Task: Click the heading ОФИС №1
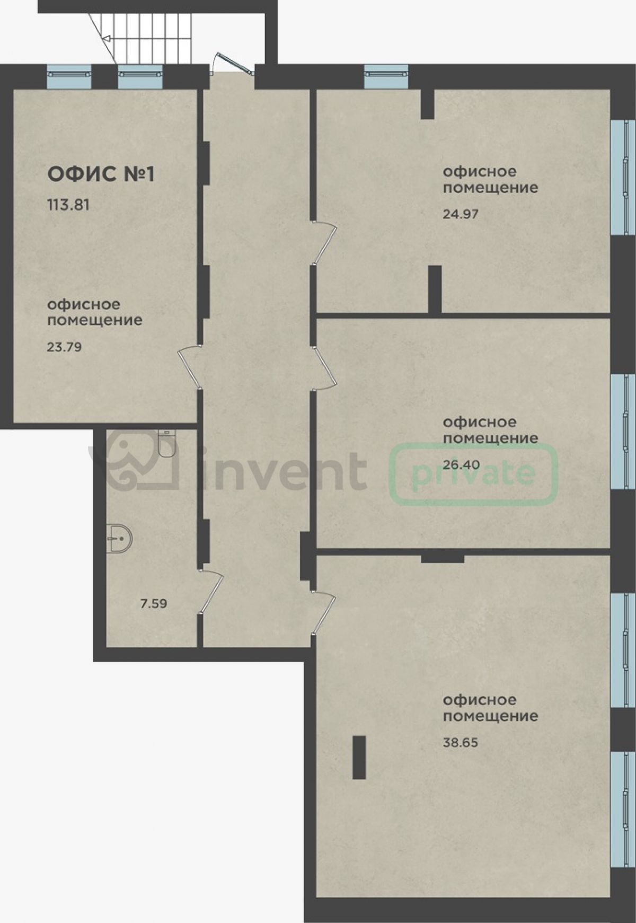101,174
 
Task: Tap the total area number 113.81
68,205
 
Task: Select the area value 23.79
64,347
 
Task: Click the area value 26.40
461,465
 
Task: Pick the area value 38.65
461,743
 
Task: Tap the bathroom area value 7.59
154,603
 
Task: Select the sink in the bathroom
119,539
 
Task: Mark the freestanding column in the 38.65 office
359,757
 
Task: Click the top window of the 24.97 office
386,76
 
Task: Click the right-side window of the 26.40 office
623,432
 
